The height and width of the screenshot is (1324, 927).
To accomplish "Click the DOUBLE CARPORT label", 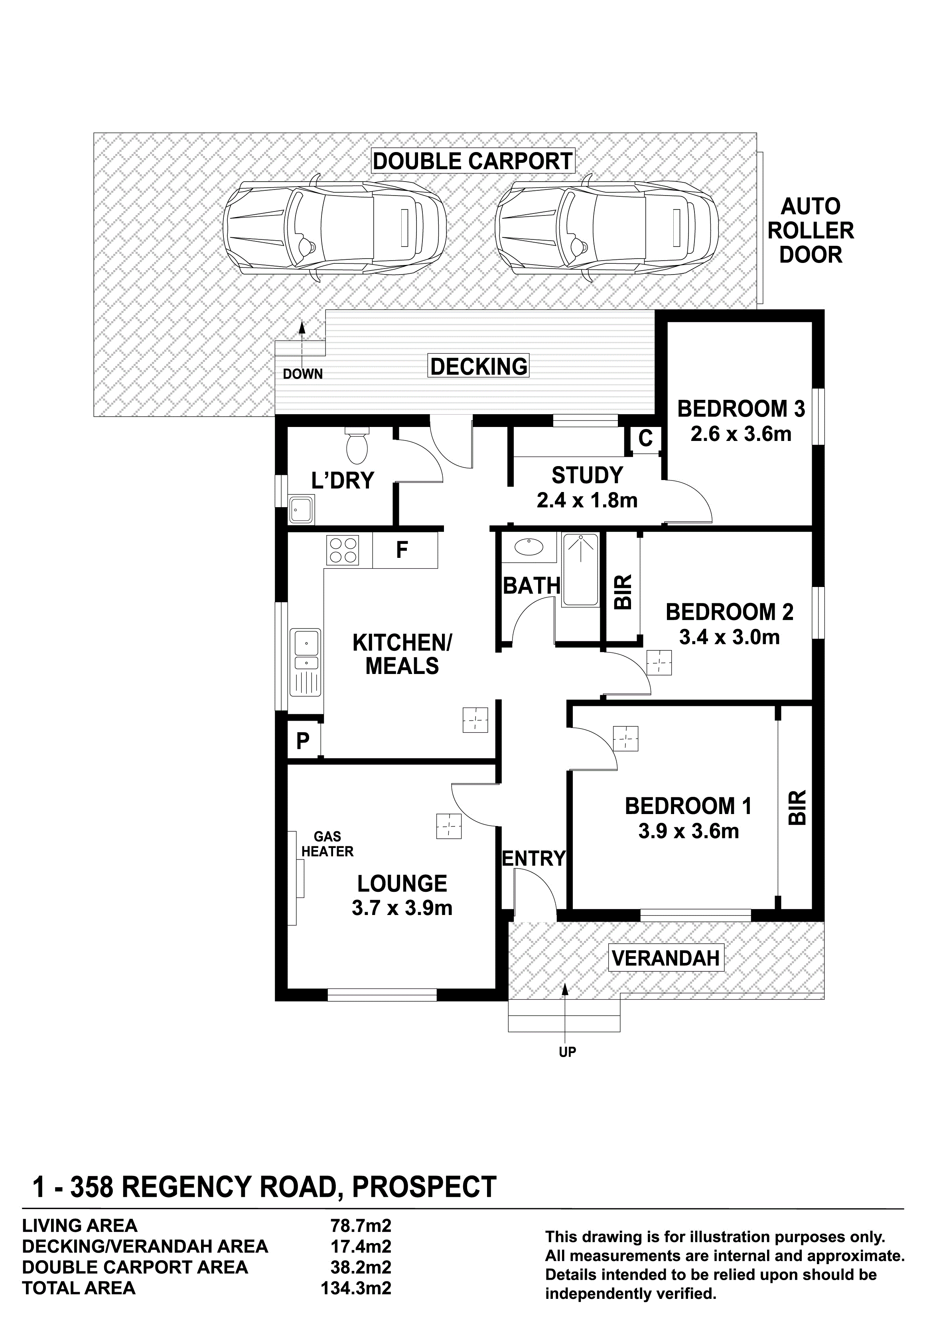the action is [472, 161].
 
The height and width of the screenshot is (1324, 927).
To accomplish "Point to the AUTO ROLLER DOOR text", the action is [811, 231].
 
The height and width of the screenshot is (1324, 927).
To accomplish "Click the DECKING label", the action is [479, 366].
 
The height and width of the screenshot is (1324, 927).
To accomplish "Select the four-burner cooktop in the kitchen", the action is [342, 550].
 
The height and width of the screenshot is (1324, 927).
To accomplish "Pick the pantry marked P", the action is [303, 741].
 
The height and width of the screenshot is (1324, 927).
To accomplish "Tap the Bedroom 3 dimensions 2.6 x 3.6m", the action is [741, 434].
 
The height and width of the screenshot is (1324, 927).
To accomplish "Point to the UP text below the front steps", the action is [567, 1052].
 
